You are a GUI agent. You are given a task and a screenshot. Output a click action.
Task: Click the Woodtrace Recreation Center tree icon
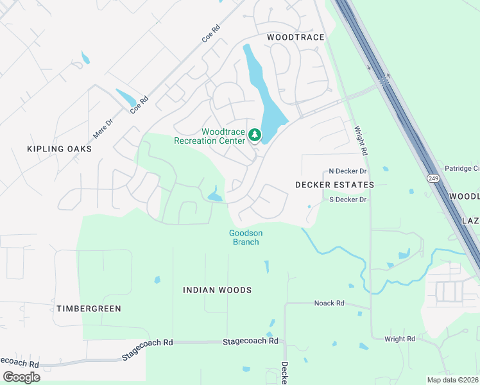[255, 135]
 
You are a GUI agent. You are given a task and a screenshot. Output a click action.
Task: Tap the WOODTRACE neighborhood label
[296, 38]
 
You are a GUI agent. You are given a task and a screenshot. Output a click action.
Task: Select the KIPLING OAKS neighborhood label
[59, 149]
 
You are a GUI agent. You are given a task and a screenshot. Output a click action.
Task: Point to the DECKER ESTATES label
[334, 185]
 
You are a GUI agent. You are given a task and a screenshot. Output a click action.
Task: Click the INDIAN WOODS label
[217, 290]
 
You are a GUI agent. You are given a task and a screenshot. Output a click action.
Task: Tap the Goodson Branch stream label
[246, 237]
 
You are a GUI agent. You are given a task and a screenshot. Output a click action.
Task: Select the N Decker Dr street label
[347, 171]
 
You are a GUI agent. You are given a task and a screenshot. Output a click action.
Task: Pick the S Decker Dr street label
[347, 200]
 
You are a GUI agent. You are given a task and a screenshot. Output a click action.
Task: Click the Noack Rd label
[329, 303]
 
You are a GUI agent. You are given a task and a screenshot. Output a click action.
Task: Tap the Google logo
[21, 377]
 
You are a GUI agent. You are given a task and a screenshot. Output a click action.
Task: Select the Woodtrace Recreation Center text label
[210, 136]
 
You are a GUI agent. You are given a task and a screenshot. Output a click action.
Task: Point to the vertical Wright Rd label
[361, 141]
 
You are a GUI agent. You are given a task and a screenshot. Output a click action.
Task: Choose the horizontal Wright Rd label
[399, 339]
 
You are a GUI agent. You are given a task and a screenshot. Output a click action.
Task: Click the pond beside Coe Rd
[126, 98]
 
